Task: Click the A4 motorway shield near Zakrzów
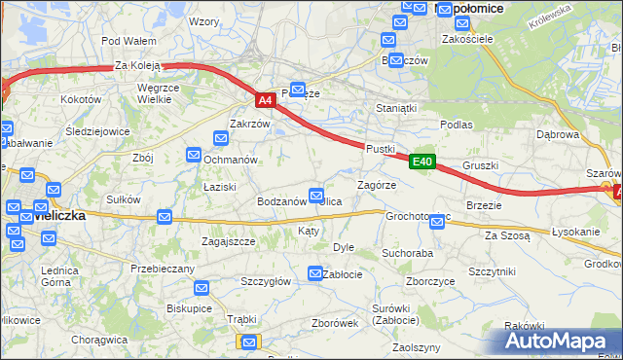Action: coord(266,99)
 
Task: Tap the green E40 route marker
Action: coord(421,162)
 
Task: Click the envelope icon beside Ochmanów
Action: coord(194,154)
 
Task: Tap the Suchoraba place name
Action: coord(407,253)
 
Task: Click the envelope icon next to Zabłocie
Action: coord(315,274)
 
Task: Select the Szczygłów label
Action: coord(266,280)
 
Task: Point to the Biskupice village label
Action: coord(189,307)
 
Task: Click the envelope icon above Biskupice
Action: coord(201,288)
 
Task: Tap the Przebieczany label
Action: coord(157,267)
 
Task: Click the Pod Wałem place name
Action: coord(128,41)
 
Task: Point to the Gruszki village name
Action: coord(481,165)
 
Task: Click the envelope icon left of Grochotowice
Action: coord(437,222)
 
